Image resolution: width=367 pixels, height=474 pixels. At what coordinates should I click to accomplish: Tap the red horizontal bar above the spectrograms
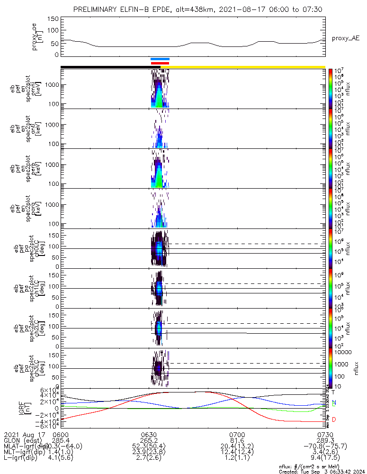[160, 63]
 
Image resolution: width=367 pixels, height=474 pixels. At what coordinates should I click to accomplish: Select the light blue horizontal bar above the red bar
[160, 59]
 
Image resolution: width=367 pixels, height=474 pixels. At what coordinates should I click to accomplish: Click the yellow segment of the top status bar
[246, 67]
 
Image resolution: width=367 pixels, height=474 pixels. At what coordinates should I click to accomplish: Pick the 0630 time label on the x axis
[149, 434]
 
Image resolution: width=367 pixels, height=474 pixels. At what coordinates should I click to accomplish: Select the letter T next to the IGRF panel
[333, 392]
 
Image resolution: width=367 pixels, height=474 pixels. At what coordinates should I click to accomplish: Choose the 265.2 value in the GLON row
[149, 440]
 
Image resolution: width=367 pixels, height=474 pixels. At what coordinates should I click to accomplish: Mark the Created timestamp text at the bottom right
[322, 471]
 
